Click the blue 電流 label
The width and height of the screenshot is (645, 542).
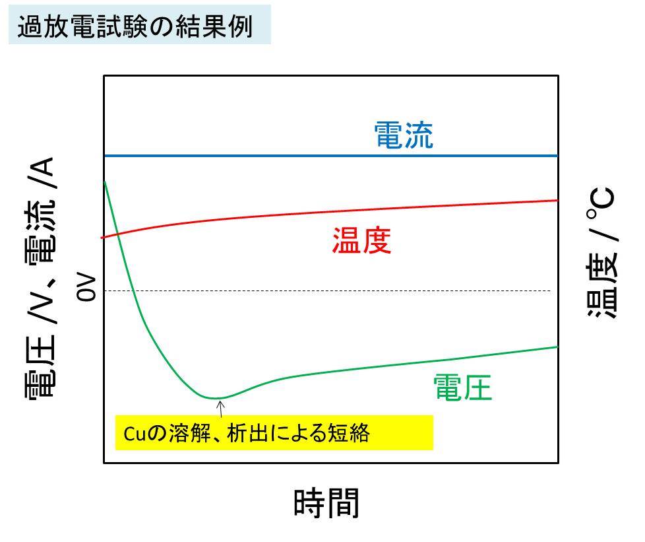[403, 135]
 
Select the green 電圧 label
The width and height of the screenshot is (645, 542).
[462, 388]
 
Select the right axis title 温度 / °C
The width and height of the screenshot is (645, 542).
[601, 255]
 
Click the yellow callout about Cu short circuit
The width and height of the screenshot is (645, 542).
[274, 432]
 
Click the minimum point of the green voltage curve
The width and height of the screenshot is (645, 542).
[216, 398]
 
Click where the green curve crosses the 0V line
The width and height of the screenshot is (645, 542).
[133, 290]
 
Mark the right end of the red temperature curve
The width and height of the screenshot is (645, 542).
[558, 200]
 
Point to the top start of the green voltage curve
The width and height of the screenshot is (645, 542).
[104, 181]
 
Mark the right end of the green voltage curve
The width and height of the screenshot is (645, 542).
[558, 347]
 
